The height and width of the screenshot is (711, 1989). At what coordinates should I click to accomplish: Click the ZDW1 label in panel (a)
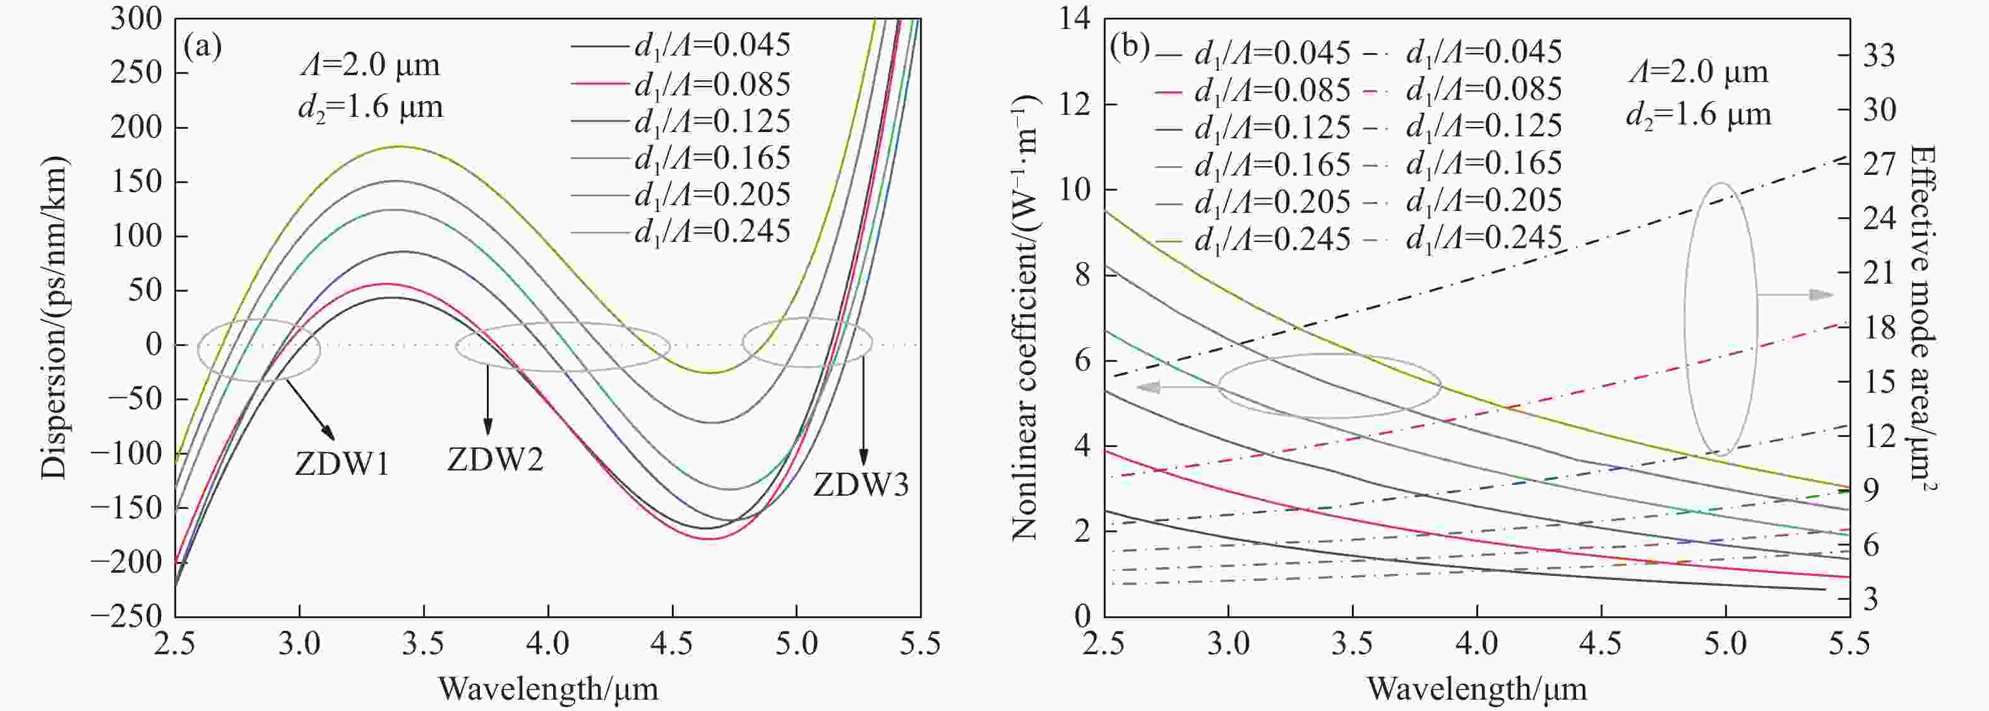341,465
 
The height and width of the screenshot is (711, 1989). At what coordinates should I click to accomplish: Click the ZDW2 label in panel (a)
495,460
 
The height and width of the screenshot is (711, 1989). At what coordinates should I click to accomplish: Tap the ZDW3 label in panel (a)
861,486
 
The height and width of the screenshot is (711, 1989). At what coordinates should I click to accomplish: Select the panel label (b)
1130,48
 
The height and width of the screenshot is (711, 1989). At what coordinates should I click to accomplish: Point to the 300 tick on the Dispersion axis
136,18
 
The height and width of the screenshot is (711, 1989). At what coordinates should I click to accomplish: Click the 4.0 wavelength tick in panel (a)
548,643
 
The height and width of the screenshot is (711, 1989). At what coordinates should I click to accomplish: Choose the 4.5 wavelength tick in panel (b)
1601,643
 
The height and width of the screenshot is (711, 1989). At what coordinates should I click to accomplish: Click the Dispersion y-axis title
56,316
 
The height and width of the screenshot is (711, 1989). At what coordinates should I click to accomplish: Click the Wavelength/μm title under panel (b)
1477,688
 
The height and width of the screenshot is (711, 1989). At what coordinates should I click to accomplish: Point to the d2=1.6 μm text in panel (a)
371,107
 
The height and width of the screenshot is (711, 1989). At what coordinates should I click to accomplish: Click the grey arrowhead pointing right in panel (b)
1822,295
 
